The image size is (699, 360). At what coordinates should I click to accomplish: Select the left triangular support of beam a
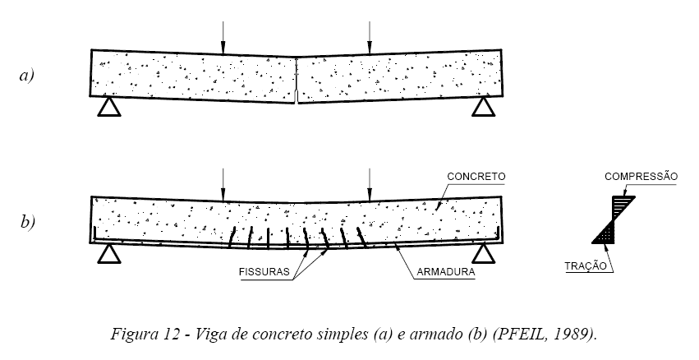tap(108, 108)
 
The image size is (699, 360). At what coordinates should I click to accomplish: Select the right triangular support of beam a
tap(483, 108)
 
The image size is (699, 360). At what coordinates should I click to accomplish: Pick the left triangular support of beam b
tap(108, 254)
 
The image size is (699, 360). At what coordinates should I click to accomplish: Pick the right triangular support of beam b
tap(483, 254)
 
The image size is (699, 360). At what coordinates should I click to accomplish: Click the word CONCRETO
tap(477, 176)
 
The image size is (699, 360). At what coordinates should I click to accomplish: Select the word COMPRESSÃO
tap(641, 176)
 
